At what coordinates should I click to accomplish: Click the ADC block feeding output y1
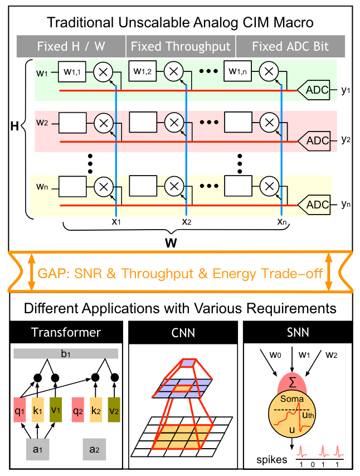click(316, 89)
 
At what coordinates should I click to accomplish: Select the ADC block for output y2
click(316, 140)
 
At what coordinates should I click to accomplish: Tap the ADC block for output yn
click(316, 205)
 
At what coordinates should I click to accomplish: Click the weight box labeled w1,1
click(73, 71)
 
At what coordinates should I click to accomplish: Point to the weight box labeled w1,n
click(239, 71)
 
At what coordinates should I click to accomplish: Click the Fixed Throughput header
click(181, 46)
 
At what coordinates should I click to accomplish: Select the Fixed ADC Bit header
click(290, 46)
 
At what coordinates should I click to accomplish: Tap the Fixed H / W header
click(71, 46)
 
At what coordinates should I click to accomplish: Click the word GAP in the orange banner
click(52, 273)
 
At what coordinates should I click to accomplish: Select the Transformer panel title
click(66, 333)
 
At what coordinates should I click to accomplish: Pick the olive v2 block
click(114, 411)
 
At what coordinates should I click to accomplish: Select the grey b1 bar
click(66, 353)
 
